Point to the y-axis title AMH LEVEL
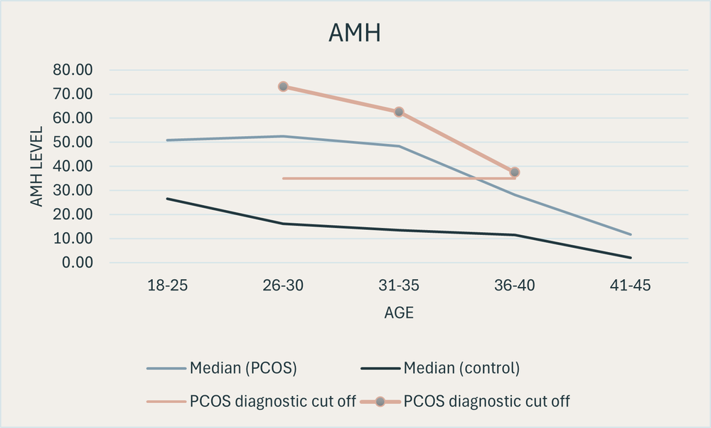[36, 167]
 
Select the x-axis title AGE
[399, 313]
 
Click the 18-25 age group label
[167, 286]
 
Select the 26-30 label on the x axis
[283, 286]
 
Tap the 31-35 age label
[399, 286]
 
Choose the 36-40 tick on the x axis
[515, 286]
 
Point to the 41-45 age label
[631, 286]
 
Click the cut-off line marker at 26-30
[283, 86]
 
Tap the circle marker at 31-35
[399, 112]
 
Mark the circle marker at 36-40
[515, 172]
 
